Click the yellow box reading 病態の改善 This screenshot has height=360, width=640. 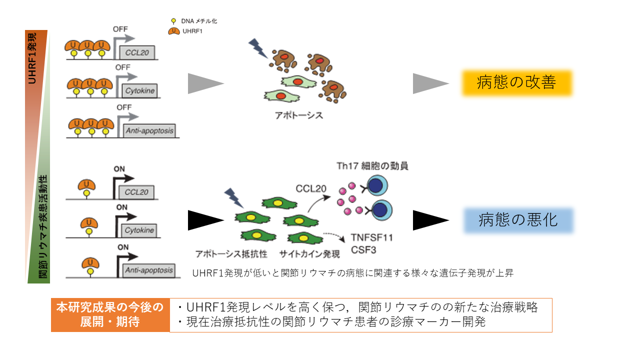click(x=516, y=82)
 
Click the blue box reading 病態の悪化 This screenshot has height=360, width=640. click(x=518, y=220)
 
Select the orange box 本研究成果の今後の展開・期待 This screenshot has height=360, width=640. click(x=110, y=315)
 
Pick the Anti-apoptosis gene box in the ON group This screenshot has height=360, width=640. click(x=149, y=270)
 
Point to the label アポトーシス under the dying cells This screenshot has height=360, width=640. click(x=299, y=115)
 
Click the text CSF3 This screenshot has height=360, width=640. click(x=360, y=249)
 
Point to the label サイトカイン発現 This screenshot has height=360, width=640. click(x=310, y=254)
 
